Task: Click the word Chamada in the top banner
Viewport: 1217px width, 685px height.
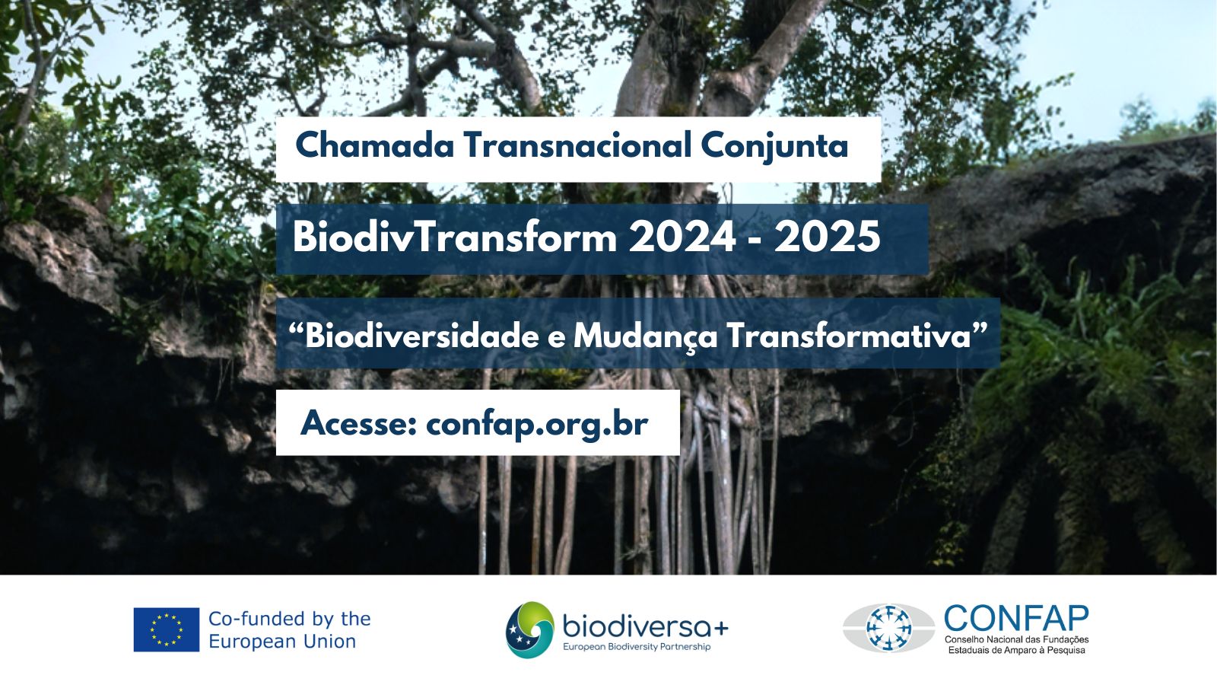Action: tap(375, 145)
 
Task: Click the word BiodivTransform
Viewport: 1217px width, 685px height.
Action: tap(455, 237)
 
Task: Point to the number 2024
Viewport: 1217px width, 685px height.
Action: tap(682, 237)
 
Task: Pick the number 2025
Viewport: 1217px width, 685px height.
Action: tap(827, 237)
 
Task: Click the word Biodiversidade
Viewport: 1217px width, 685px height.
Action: tap(422, 336)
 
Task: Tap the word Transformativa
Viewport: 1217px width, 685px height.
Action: tap(849, 336)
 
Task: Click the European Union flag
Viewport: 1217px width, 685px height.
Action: tap(167, 629)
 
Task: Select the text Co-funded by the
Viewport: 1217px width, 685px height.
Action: tap(290, 619)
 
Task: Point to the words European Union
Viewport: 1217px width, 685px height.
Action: tap(282, 642)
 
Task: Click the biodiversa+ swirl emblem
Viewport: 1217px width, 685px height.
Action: tap(529, 629)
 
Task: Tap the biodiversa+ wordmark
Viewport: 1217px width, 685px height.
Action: tap(646, 628)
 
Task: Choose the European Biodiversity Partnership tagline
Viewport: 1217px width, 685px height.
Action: tap(636, 647)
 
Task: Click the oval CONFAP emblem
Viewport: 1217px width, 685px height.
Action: tap(888, 628)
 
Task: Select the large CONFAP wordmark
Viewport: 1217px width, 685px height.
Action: tap(1016, 617)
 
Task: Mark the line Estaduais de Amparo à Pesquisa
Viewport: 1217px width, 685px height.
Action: tap(1016, 650)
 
